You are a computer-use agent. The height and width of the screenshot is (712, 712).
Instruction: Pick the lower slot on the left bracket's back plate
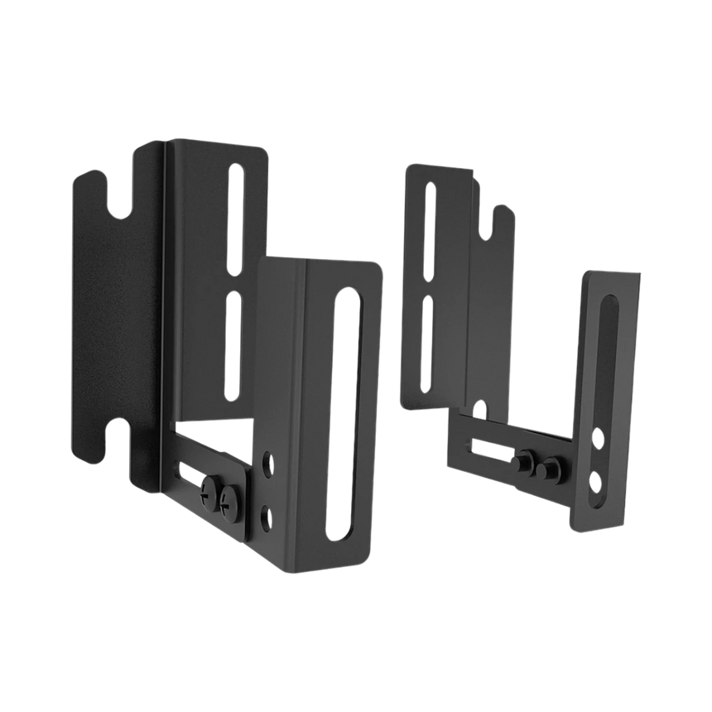pyautogui.click(x=236, y=348)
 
